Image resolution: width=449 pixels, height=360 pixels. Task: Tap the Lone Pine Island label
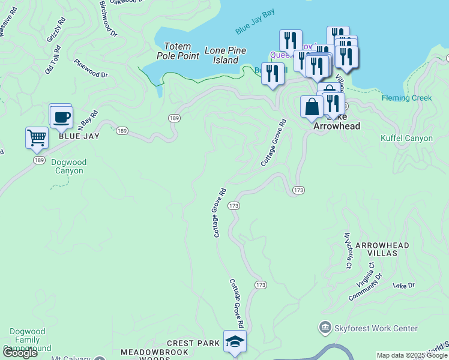pos(221,55)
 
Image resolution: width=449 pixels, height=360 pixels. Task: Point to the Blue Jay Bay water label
pos(255,29)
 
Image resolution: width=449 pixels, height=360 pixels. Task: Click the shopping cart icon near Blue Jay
pos(37,137)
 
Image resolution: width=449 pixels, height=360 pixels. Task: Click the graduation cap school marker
pos(235,341)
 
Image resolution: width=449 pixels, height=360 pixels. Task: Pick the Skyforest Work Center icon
pos(325,328)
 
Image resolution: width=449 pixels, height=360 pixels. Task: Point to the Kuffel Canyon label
pos(406,139)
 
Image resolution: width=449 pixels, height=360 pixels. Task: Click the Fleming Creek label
pos(406,98)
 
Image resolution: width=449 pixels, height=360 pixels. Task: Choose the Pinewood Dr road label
pos(91,68)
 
